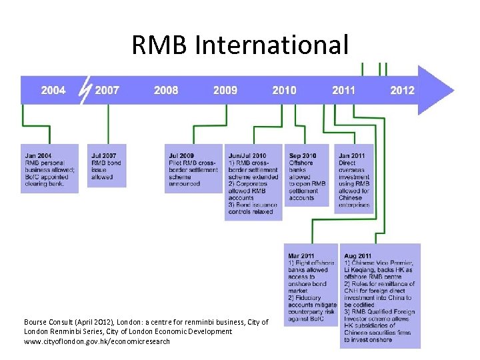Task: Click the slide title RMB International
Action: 240,45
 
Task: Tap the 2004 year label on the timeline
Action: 53,90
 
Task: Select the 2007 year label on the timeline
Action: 107,90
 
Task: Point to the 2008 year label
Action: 166,90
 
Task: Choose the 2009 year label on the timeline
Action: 225,90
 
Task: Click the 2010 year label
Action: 285,90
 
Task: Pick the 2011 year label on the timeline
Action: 344,90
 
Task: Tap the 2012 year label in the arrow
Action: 403,90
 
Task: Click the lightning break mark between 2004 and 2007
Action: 84,90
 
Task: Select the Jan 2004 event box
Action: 50,169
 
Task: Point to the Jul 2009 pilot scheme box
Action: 193,169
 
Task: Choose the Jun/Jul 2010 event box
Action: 253,182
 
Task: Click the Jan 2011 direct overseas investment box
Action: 354,178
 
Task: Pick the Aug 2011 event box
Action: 381,296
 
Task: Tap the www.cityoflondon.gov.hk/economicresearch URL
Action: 97,341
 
